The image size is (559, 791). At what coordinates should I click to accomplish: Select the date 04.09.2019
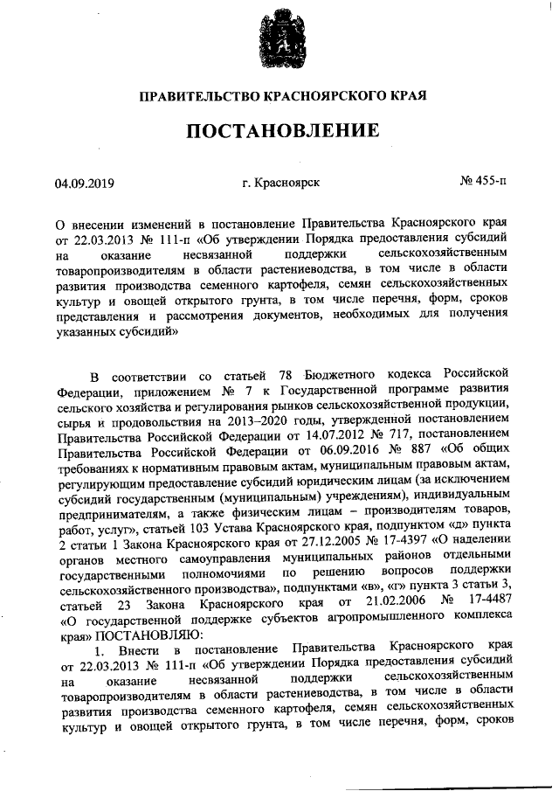(x=85, y=184)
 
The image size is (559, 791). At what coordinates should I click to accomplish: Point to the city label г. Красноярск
(x=281, y=184)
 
